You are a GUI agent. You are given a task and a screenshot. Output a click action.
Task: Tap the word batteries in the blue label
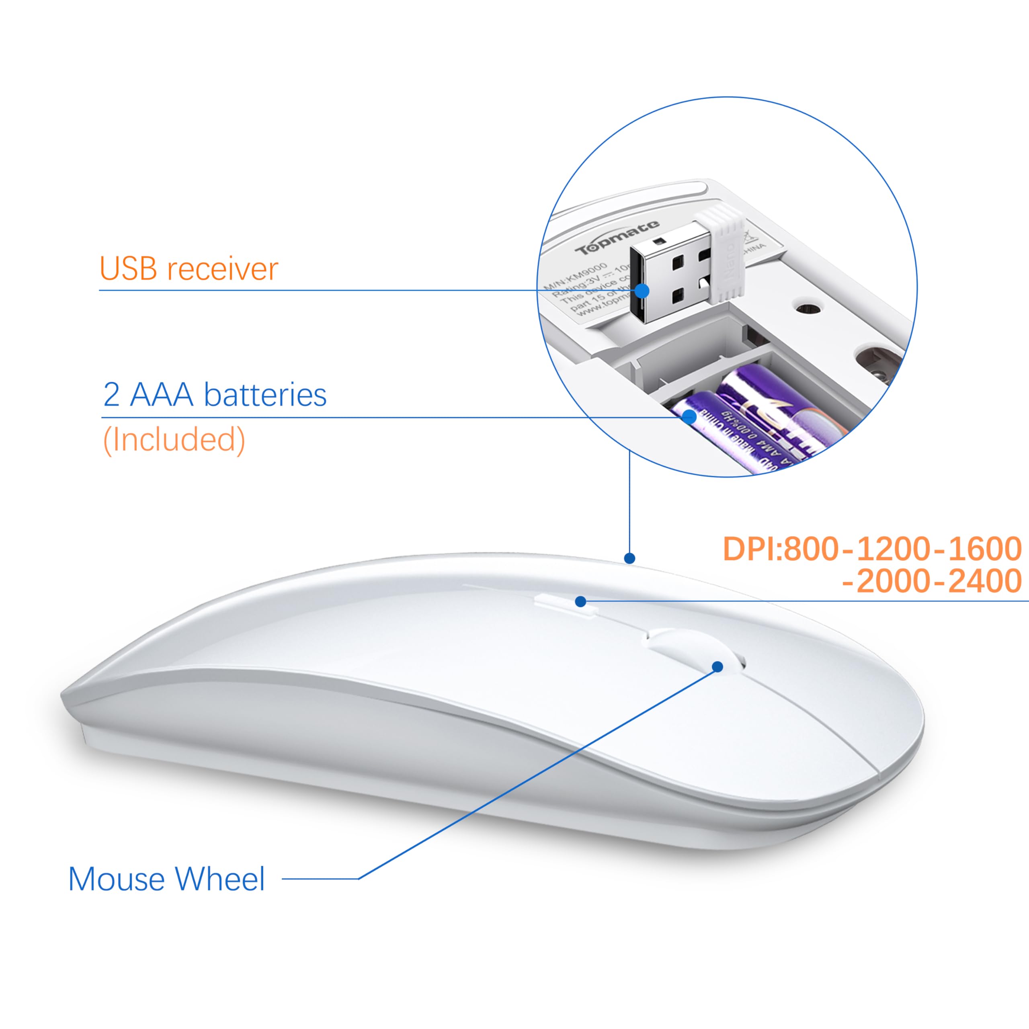[x=265, y=396]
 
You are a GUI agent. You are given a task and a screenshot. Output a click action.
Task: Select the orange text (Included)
[x=174, y=440]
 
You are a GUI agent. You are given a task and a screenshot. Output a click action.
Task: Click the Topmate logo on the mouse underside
[x=618, y=238]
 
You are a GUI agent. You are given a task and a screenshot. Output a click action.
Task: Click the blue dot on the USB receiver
[x=642, y=291]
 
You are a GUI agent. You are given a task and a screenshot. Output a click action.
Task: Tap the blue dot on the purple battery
[x=689, y=416]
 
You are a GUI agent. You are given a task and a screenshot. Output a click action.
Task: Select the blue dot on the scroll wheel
[x=717, y=667]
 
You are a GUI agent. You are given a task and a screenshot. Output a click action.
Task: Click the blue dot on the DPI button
[x=580, y=601]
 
